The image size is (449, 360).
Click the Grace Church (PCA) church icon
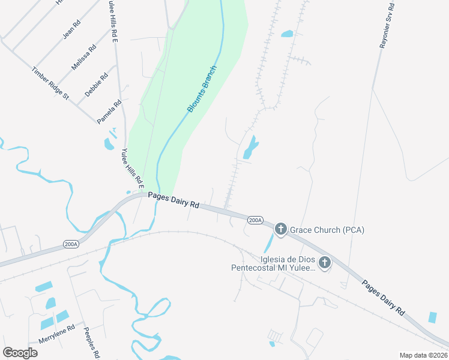click(280, 229)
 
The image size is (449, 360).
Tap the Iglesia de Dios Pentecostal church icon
click(325, 262)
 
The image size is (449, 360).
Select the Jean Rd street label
click(71, 31)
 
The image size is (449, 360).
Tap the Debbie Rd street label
click(97, 85)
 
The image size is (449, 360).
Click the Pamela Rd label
click(110, 112)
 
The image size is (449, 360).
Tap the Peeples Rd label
click(92, 343)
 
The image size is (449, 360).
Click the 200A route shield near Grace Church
click(255, 220)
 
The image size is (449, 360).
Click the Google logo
click(20, 352)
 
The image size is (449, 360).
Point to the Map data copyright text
click(423, 355)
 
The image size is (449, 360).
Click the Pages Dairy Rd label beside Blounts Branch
click(173, 199)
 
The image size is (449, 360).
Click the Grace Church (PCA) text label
click(327, 230)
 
